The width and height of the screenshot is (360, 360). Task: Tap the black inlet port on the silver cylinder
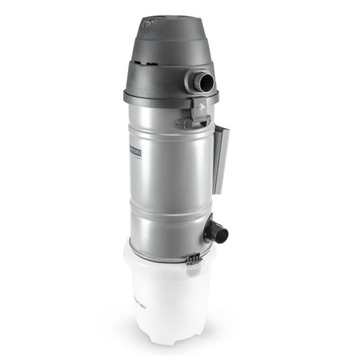[x=214, y=233]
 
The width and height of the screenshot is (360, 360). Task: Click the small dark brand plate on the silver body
[x=137, y=146]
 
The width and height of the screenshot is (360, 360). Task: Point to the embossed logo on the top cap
[x=155, y=18]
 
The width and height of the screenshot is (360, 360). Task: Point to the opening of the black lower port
[x=222, y=234]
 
